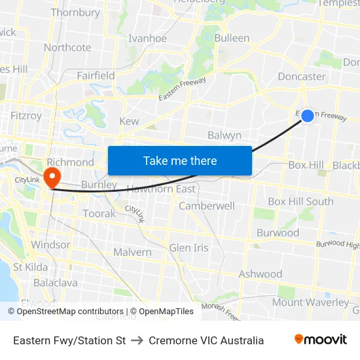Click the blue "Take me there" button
click(x=180, y=160)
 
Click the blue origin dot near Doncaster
click(x=308, y=115)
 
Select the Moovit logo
click(x=321, y=340)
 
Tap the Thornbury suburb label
click(x=75, y=12)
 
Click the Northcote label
click(x=67, y=47)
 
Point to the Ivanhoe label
click(x=147, y=39)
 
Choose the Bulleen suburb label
click(x=232, y=38)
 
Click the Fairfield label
click(x=96, y=76)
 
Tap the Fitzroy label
click(x=26, y=116)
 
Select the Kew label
click(x=129, y=121)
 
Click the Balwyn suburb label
click(x=225, y=135)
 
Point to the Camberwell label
click(x=207, y=206)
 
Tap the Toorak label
click(x=99, y=213)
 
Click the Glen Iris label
click(x=189, y=248)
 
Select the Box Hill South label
click(x=300, y=202)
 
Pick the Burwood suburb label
click(x=278, y=233)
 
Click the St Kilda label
click(x=30, y=267)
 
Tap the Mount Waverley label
click(x=311, y=302)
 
